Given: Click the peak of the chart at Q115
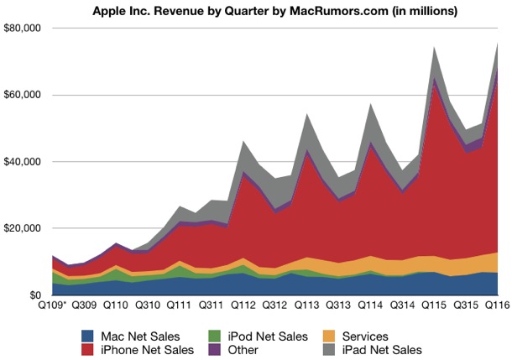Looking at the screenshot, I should (436, 47).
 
